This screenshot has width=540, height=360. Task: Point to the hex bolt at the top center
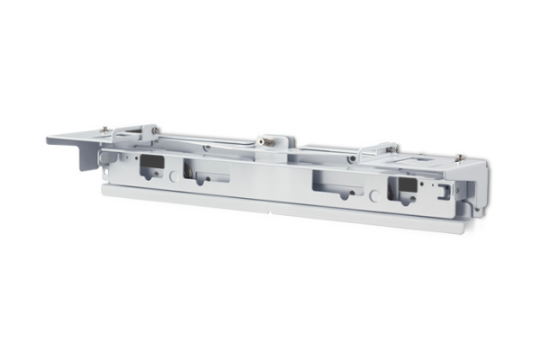267,141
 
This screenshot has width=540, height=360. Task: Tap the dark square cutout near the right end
402,186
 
